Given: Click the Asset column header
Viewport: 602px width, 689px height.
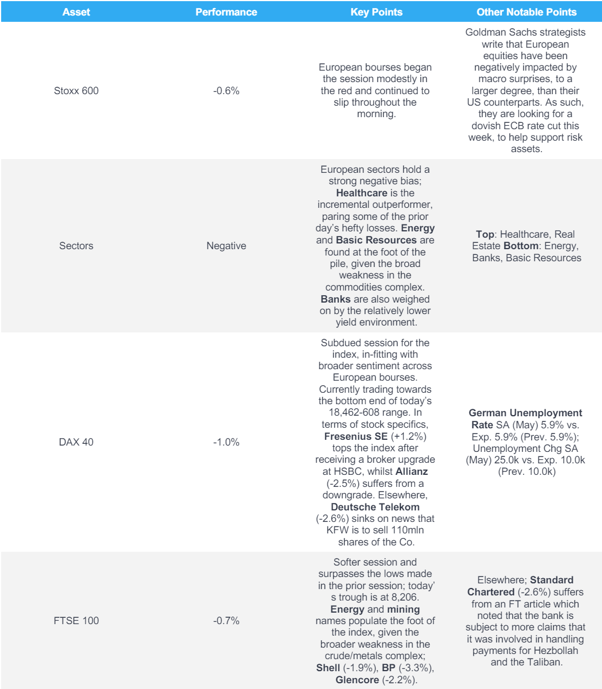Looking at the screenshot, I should coord(76,11).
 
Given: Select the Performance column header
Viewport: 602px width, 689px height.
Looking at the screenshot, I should coord(226,11).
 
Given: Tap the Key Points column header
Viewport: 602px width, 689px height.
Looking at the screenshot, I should coord(376,11).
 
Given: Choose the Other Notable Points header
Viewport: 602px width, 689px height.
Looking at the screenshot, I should coord(526,11).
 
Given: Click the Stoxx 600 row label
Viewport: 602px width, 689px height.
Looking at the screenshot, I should coord(76,91).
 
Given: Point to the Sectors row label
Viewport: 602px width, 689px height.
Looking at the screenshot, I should coord(76,246).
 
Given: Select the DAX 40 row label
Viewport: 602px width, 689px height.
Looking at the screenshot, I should coord(76,442).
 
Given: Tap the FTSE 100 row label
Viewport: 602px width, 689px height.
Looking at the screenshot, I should coord(76,621).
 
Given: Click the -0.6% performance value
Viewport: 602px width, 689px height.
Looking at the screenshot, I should coord(226,91).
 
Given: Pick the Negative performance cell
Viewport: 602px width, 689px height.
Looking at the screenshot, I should coord(226,246).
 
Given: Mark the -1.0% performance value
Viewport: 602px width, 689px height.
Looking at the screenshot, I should coord(226,442).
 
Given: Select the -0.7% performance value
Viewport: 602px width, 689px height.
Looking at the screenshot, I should coord(226,621).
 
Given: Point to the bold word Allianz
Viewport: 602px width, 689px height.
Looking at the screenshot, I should coord(411,471).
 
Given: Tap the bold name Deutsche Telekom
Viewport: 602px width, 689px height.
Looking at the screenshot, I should coord(375,507).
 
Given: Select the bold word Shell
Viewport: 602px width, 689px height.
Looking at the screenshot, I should coord(328,668).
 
